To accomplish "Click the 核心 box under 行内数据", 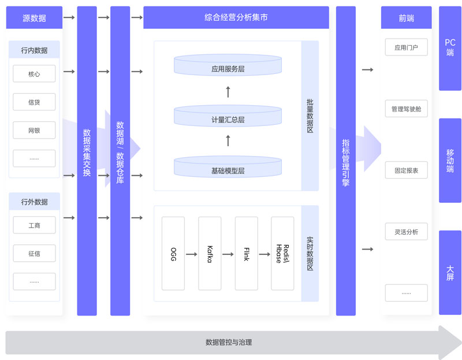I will coord(34,74).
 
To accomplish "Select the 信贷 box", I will coord(34,102).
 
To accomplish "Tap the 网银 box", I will coord(34,131).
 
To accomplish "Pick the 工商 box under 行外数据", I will coord(34,225).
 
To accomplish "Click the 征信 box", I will coord(34,253).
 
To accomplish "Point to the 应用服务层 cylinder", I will coord(228,66).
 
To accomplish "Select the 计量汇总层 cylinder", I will coord(228,117).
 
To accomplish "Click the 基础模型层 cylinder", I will coord(228,168).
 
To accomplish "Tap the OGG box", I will coord(173,254).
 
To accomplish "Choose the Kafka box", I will coord(210,254).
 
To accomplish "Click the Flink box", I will coord(247,254).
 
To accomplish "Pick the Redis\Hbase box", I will coord(282,254).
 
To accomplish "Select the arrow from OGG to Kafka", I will coord(192,254).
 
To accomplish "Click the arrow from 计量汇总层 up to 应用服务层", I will coord(228,91).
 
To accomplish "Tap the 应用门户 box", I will coord(406,47).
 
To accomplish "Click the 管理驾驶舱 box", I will coord(406,109).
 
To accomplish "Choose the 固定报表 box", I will coord(406,170).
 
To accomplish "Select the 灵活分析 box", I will coord(406,232).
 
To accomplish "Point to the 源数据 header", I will coord(34,18).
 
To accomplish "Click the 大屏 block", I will coord(450,272).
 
